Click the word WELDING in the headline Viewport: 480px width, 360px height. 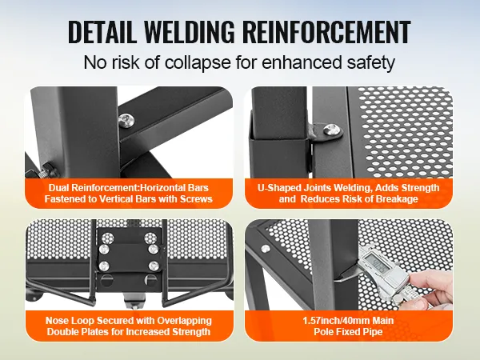point(189,31)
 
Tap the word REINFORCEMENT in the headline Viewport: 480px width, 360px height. point(327,31)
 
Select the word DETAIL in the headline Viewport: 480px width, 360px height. point(102,31)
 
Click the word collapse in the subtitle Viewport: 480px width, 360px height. point(198,62)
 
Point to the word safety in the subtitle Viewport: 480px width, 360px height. point(370,62)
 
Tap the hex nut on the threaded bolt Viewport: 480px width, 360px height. point(49,170)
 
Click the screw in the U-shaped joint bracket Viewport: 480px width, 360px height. point(331,130)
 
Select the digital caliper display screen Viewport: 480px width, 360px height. point(375,262)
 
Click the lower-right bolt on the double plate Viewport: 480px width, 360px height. point(154,266)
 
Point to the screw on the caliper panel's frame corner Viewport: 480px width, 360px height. point(265,249)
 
